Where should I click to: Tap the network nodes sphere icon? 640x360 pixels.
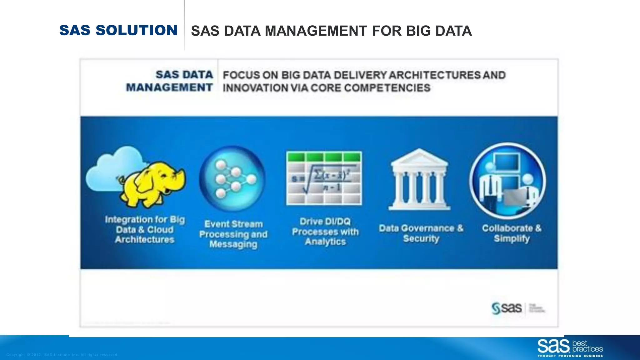(232, 179)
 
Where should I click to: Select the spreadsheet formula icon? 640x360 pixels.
(324, 178)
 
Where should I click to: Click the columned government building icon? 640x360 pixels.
(419, 180)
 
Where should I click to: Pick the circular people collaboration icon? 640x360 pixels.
(508, 181)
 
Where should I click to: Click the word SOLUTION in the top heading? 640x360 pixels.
(137, 30)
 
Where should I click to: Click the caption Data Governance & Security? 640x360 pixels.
(421, 233)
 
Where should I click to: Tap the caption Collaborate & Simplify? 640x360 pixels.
(512, 233)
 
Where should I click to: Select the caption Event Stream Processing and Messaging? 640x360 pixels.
(233, 234)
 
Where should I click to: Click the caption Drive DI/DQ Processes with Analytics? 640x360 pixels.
(325, 232)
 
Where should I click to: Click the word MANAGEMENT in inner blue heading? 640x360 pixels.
(169, 87)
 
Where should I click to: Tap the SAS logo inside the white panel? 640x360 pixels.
(507, 308)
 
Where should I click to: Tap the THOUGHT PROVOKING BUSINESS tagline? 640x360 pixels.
(570, 356)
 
